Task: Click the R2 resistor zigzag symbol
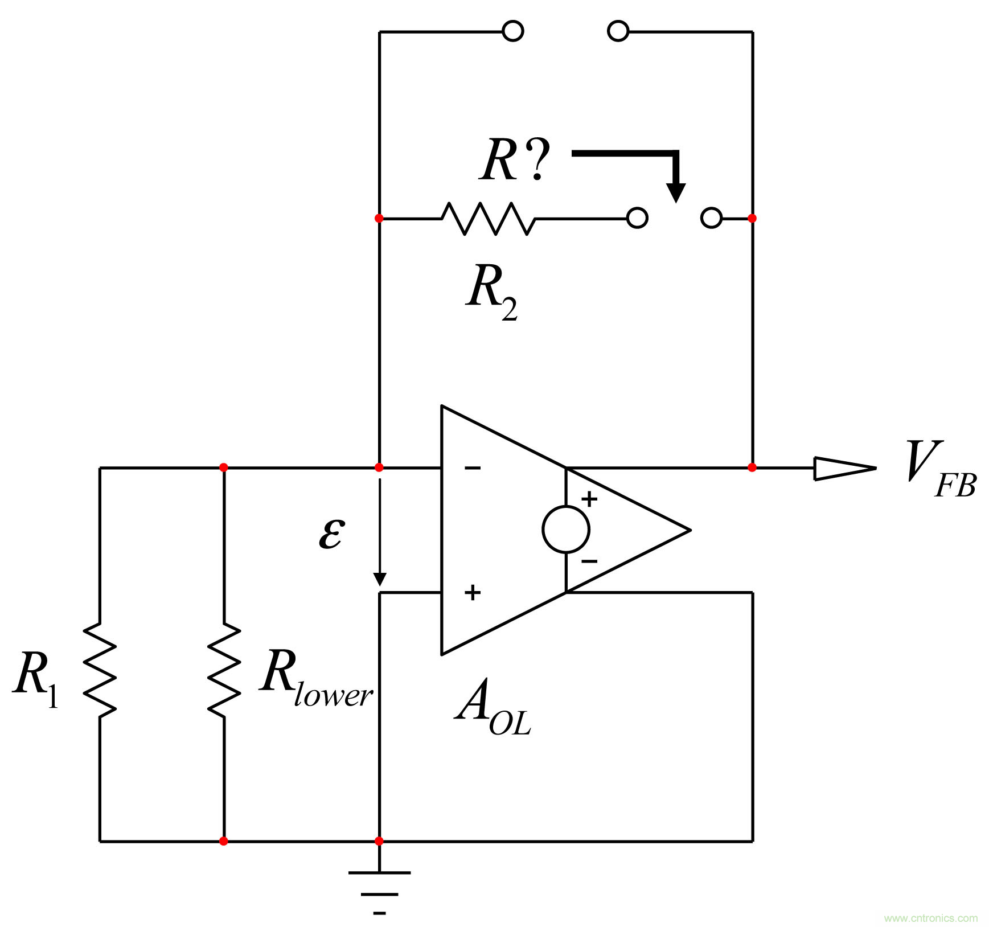pos(488,219)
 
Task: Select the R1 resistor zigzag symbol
pos(100,670)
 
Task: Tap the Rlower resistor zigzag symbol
pos(224,670)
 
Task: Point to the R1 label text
pos(35,678)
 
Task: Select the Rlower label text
pos(315,678)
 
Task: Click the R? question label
pos(514,161)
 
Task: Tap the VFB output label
pos(940,469)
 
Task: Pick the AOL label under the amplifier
pos(493,706)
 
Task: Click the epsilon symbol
pos(331,533)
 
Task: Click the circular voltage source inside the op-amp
pos(566,530)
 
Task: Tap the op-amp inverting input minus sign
pos(473,468)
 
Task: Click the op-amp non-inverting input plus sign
pos(473,593)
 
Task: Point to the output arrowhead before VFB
pos(844,469)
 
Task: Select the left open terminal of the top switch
pos(513,31)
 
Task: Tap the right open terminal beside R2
pos(711,218)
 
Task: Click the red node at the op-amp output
pos(752,467)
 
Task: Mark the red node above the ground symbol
pos(379,841)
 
